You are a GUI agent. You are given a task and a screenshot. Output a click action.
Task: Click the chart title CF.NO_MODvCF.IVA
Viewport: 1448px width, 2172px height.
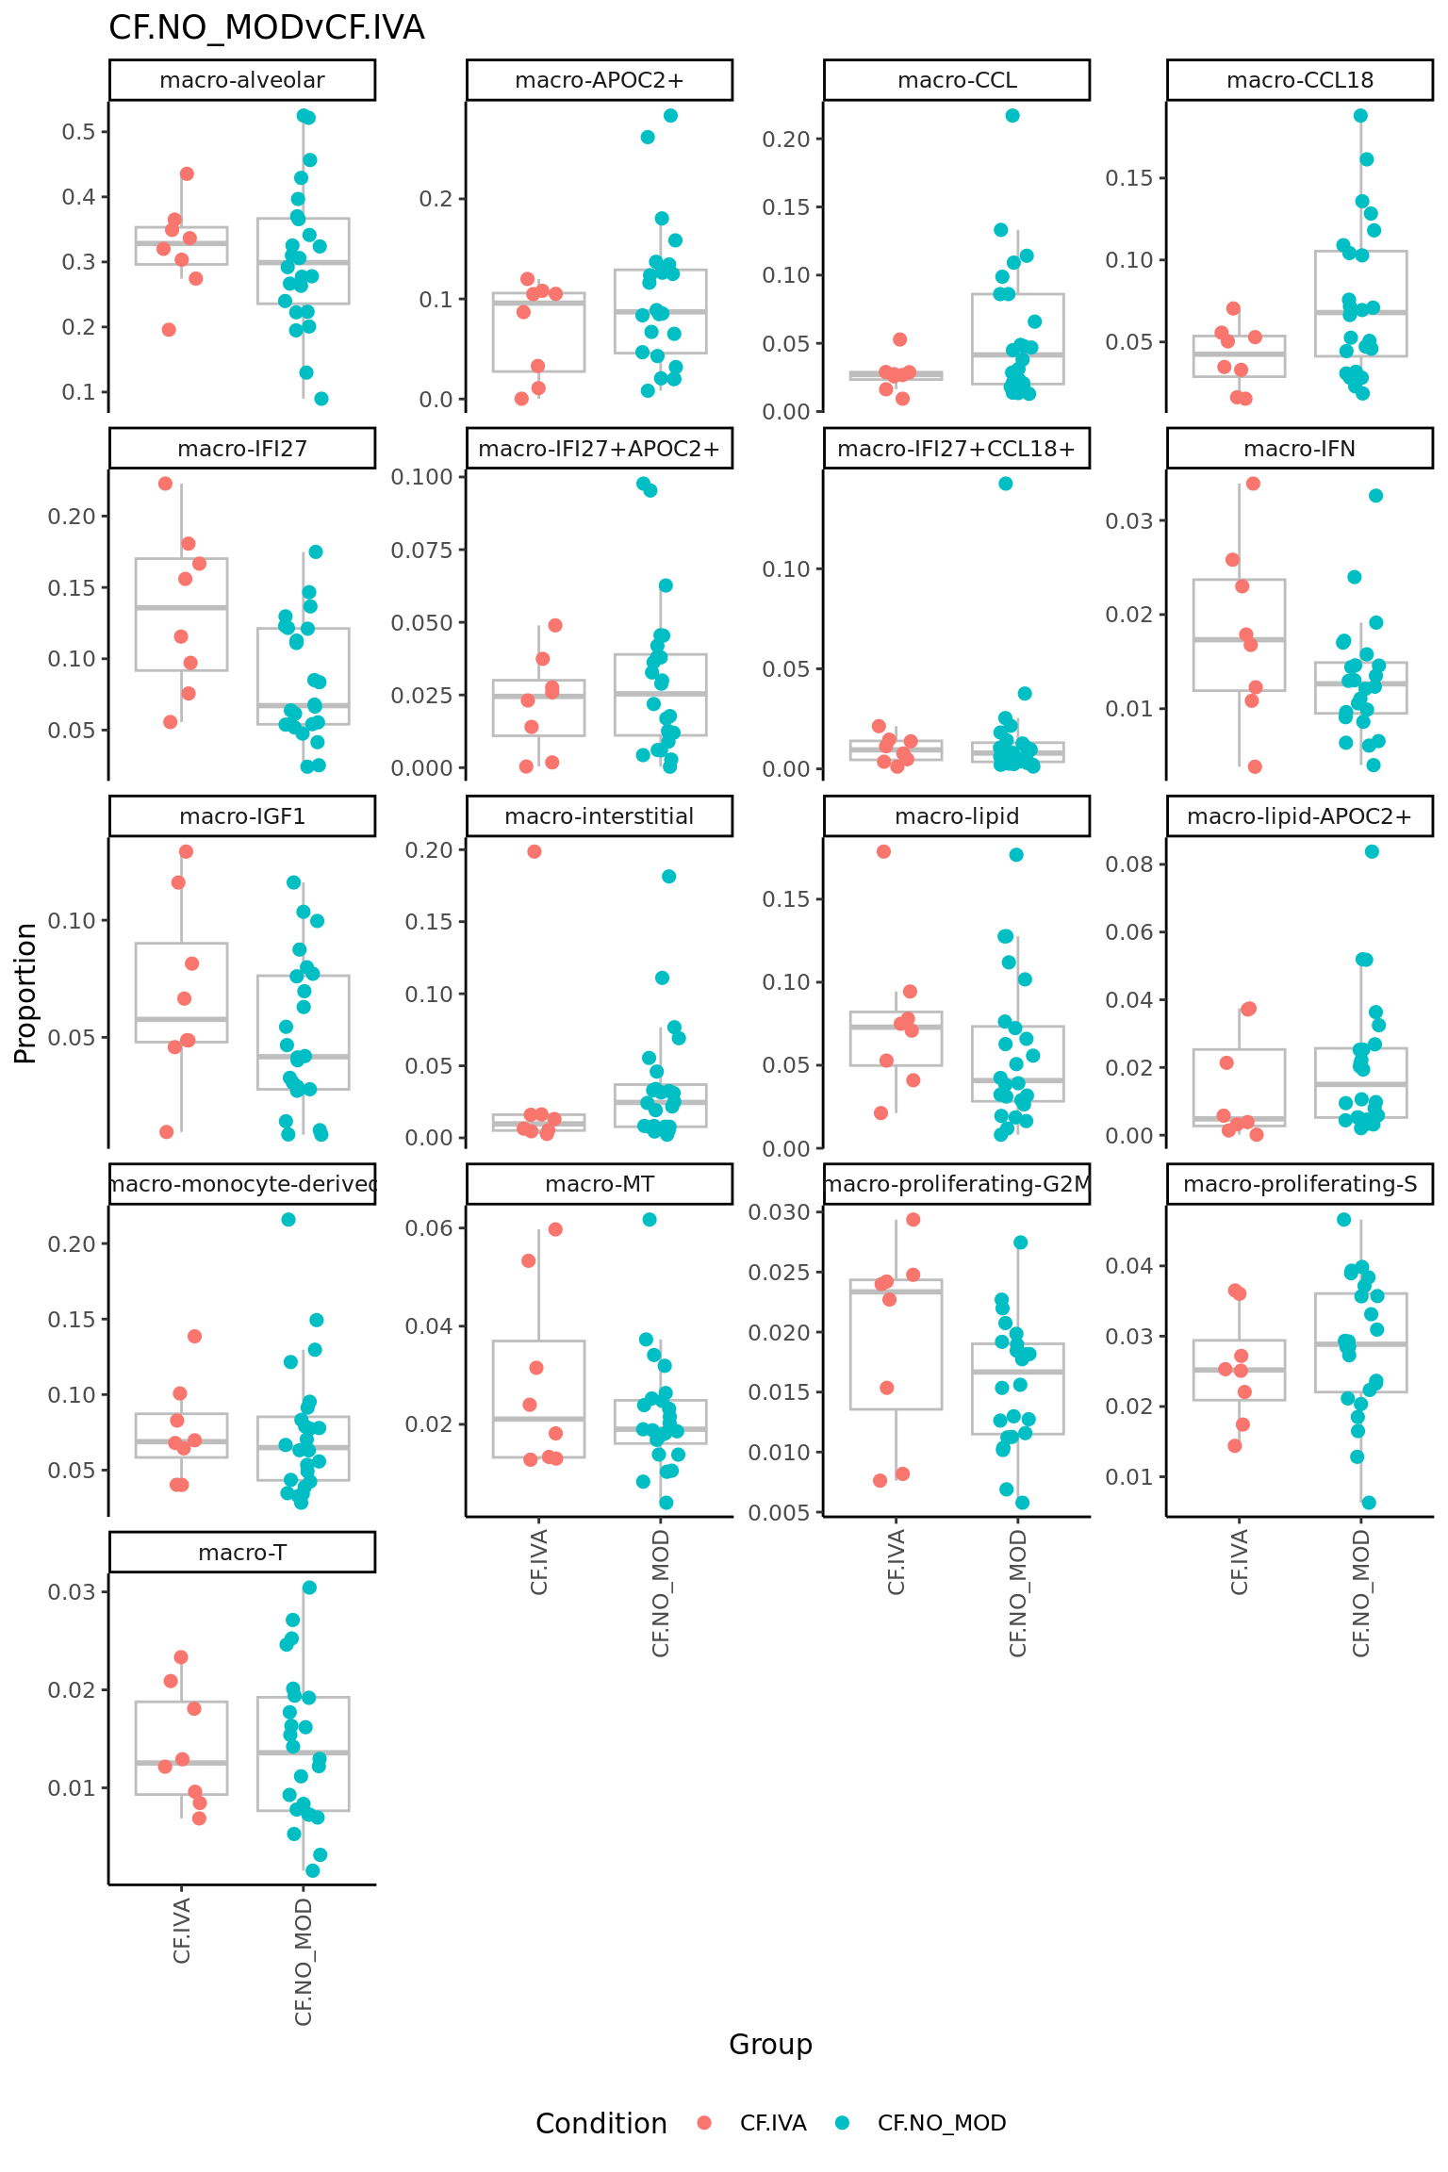pos(267,28)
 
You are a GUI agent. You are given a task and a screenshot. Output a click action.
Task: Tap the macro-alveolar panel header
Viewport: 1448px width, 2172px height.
pos(242,80)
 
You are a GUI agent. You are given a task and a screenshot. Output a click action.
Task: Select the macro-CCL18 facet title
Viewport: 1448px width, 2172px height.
pos(1299,80)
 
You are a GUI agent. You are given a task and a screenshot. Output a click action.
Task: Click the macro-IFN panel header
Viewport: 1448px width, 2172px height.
pos(1299,449)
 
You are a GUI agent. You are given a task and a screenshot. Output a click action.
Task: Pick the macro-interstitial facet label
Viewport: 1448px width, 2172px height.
pos(599,816)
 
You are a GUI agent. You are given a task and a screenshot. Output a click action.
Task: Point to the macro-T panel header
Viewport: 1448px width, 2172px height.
pos(242,1553)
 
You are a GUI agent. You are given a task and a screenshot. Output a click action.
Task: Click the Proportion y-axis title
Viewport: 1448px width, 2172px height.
pos(25,993)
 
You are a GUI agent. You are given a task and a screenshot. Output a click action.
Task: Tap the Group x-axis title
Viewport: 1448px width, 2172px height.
pos(770,2044)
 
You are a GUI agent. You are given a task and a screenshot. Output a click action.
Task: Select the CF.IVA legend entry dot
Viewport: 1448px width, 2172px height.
pos(704,2123)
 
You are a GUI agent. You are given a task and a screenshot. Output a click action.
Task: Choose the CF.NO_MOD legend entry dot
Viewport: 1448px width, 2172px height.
pos(843,2123)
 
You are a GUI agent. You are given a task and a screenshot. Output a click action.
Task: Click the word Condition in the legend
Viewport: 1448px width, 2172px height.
pos(601,2124)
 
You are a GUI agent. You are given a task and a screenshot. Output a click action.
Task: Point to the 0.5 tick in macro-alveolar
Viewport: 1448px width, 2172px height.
pos(79,132)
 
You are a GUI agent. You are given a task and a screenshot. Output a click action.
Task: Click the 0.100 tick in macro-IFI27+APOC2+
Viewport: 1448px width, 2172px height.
pos(422,477)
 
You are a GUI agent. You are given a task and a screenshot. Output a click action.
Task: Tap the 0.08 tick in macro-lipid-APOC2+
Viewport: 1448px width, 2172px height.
pos(1129,864)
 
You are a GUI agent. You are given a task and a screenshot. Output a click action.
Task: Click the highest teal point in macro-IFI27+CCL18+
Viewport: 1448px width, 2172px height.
pos(1006,484)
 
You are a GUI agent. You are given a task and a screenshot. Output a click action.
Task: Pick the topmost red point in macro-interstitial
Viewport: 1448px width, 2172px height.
pos(535,851)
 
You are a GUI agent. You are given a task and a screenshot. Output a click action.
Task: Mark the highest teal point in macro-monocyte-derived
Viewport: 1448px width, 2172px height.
pos(288,1220)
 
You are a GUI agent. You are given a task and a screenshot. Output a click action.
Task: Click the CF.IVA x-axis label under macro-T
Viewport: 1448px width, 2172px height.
pos(183,1931)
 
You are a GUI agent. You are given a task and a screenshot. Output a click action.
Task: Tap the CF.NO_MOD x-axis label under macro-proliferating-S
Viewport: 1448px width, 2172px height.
pos(1361,1593)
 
